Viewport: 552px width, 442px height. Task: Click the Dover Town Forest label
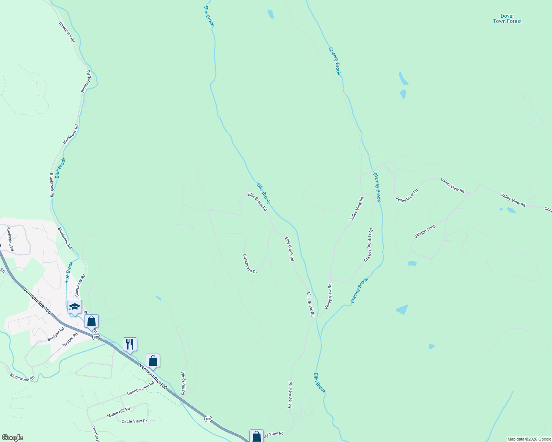pos(507,19)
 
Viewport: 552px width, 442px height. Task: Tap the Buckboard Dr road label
pos(250,264)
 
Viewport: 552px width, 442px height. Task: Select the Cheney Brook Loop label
pos(368,245)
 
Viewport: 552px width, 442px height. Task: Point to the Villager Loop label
pos(425,232)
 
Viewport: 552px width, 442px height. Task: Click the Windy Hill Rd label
pos(183,383)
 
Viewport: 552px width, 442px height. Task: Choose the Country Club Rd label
pos(140,388)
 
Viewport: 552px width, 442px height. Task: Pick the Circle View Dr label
pos(134,421)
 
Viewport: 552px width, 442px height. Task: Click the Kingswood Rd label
pos(22,378)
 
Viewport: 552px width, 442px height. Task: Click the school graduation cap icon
pos(75,307)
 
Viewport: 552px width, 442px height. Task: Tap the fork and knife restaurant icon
pos(130,344)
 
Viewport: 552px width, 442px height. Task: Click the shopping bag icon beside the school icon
pos(91,321)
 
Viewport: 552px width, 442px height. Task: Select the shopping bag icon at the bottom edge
pos(256,436)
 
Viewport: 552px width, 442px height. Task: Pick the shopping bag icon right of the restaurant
pos(153,361)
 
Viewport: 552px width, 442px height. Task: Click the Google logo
pos(12,438)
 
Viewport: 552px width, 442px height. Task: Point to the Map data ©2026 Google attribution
pos(529,439)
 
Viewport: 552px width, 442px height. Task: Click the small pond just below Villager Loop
pos(412,263)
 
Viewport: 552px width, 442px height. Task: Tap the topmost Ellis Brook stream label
pos(209,15)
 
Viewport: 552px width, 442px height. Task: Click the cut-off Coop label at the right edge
pos(548,210)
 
